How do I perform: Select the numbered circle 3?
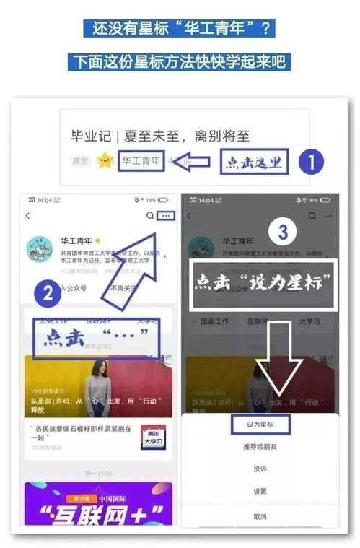tap(284, 232)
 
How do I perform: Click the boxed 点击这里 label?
tap(254, 162)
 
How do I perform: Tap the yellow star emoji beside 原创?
tap(105, 160)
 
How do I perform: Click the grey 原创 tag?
tap(81, 160)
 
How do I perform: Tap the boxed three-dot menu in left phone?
tap(165, 215)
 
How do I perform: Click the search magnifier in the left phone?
tap(149, 215)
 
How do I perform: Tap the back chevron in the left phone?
tap(28, 215)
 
